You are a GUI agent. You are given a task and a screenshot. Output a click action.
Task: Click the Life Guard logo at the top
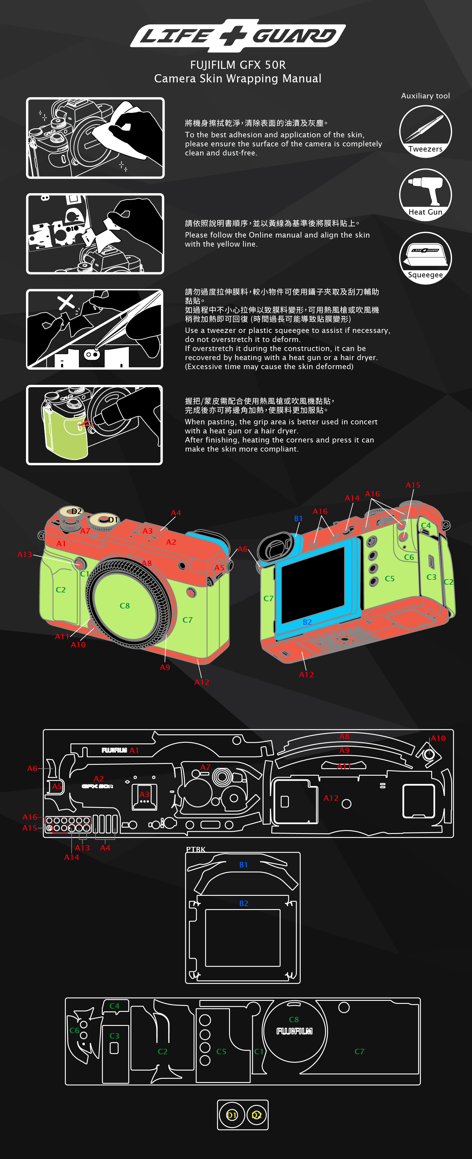pos(238,35)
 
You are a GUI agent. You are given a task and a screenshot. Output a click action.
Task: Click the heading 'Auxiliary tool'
pos(425,96)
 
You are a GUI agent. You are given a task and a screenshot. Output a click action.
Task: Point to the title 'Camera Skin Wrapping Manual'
pos(238,79)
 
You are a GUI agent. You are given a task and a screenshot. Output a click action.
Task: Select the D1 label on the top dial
pos(113,520)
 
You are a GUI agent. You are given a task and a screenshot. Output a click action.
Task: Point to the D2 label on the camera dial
pos(76,511)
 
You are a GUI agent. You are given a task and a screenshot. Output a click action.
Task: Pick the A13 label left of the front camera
pos(25,554)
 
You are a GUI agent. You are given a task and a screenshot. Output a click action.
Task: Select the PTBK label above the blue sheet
pos(196,849)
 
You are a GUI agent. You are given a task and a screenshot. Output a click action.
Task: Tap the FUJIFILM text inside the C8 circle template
pos(295,1031)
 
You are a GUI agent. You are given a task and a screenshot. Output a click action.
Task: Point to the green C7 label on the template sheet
pos(359,1052)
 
